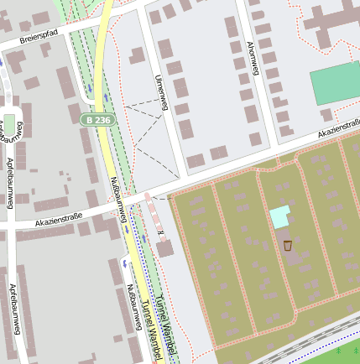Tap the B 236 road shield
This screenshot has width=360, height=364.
97,120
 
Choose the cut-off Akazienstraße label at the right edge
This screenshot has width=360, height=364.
339,129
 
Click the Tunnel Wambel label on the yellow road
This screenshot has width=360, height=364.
150,331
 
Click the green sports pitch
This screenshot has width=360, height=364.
335,84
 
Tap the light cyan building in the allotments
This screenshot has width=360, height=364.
279,216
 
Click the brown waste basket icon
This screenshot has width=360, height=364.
288,246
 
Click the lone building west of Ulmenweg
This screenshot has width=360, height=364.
137,56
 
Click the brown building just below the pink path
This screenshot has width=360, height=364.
165,248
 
